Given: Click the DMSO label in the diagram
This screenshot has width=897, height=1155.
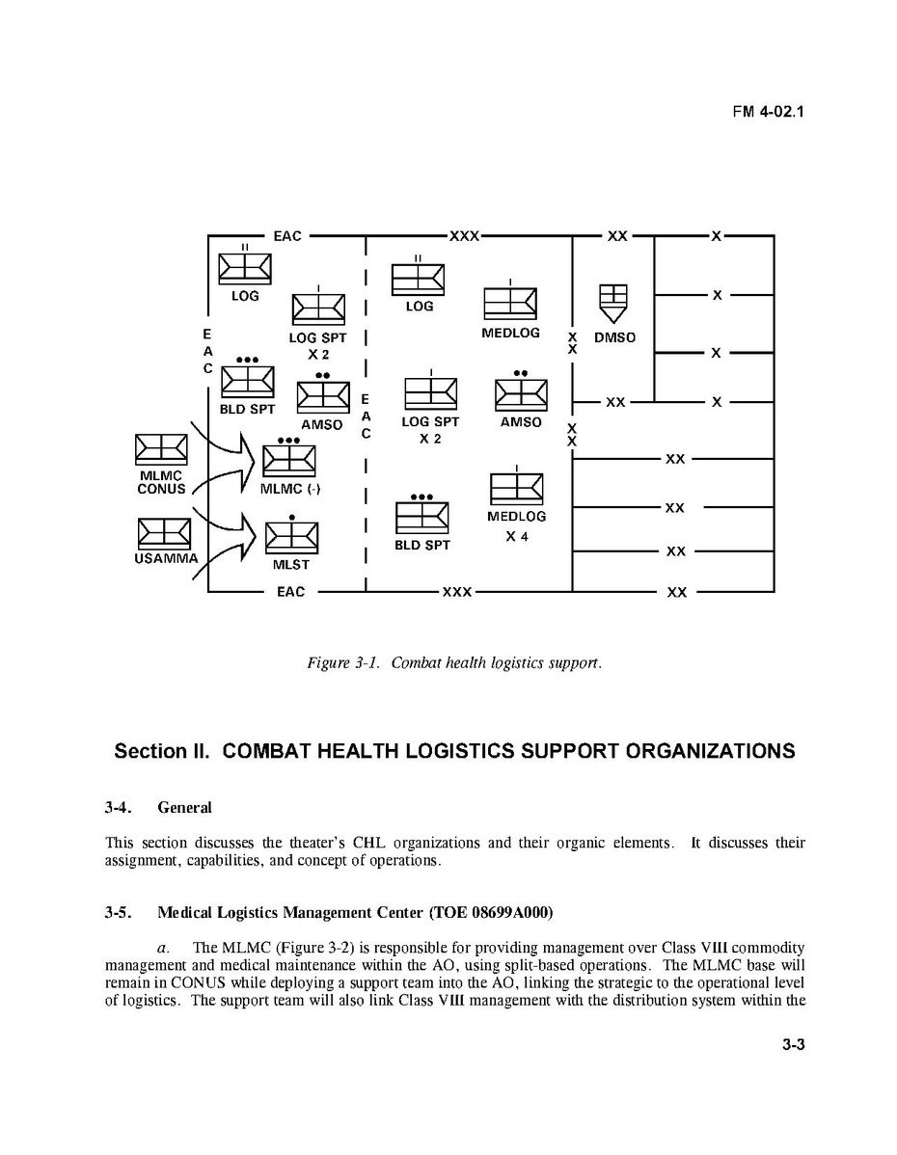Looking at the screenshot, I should pos(615,338).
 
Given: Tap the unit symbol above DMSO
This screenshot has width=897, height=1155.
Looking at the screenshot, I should pos(613,303).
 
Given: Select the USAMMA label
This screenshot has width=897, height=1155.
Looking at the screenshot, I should pos(167,558).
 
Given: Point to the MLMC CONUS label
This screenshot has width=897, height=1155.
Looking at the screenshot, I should pos(161,482).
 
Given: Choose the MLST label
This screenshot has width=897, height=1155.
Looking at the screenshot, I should pos(290,565).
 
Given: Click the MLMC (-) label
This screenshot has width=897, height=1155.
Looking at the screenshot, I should pos(290,489).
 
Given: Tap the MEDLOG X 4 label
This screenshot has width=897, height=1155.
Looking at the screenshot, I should pos(517,526).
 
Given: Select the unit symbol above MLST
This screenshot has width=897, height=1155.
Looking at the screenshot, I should pos(291,537).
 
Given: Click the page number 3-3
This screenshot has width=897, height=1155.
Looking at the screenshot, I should pos(793,1068).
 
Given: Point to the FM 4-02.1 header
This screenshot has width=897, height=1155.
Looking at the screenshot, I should pos(768,111).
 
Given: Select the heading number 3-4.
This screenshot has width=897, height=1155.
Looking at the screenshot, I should pos(120,807).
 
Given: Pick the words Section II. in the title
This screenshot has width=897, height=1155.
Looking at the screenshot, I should pos(162,751).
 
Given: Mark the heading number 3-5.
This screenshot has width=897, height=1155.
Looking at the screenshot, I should pos(120,912).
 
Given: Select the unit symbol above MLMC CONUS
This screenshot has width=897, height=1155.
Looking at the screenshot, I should pos(161,450).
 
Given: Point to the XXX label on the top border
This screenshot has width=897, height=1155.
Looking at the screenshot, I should pos(465,236).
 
